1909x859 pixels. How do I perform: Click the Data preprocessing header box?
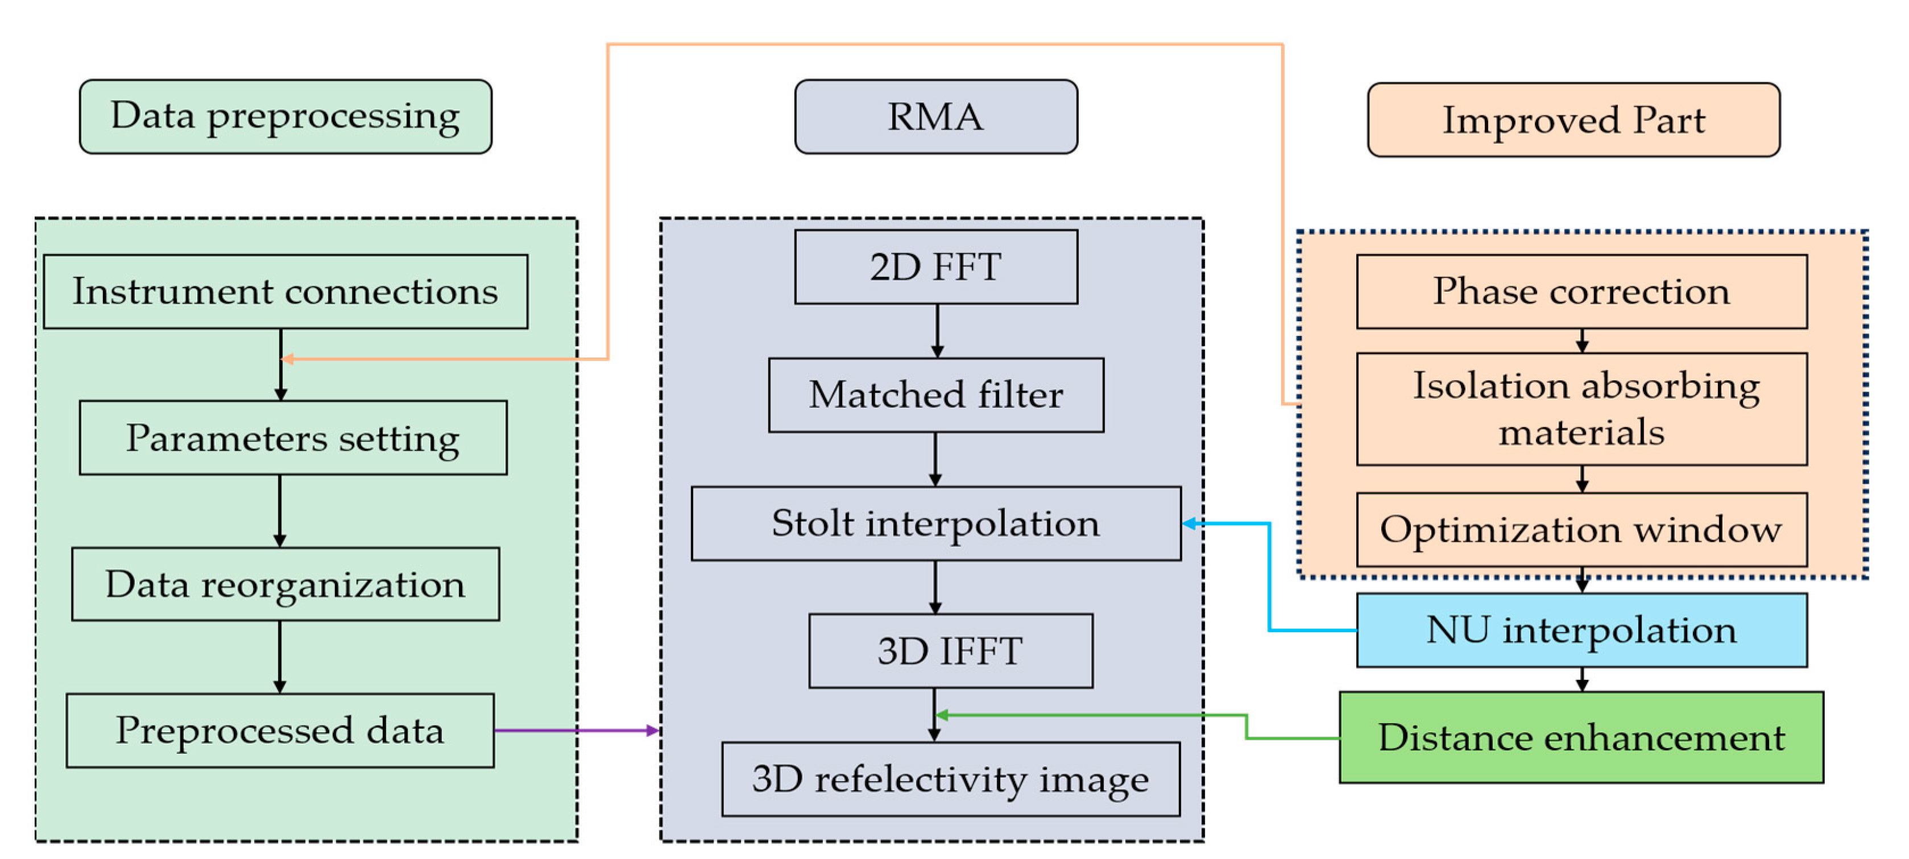pyautogui.click(x=285, y=117)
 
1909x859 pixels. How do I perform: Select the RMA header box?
pyautogui.click(x=935, y=117)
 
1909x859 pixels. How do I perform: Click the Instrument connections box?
pyautogui.click(x=285, y=291)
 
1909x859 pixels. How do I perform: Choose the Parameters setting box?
pyautogui.click(x=293, y=437)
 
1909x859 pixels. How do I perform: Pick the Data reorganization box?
pyautogui.click(x=285, y=584)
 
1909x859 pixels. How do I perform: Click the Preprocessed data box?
pyautogui.click(x=280, y=730)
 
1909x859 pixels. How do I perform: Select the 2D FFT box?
pyautogui.click(x=935, y=267)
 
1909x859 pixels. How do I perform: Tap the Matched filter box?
pyautogui.click(x=935, y=395)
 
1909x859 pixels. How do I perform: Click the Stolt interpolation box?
pyautogui.click(x=935, y=523)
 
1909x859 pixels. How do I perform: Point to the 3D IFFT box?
pyautogui.click(x=950, y=651)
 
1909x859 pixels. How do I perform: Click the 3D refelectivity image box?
pyautogui.click(x=950, y=779)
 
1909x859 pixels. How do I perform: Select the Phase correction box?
pyautogui.click(x=1581, y=291)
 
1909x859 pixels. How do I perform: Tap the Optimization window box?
pyautogui.click(x=1581, y=529)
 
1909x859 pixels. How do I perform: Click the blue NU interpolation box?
pyautogui.click(x=1581, y=630)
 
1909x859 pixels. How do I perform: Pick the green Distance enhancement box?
pyautogui.click(x=1581, y=737)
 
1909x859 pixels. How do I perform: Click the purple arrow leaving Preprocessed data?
pyautogui.click(x=574, y=731)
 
